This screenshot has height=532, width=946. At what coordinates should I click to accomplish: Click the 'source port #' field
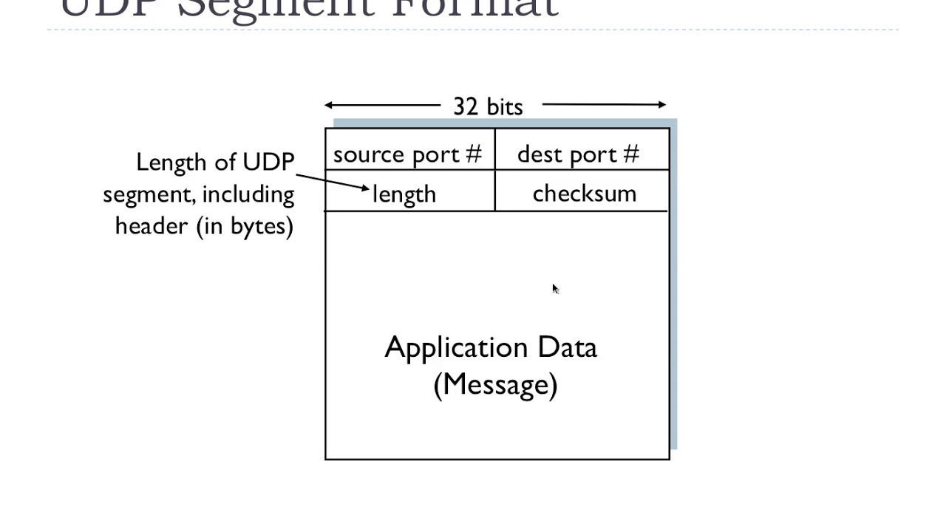[x=407, y=154]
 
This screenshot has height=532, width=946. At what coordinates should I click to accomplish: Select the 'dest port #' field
[x=578, y=154]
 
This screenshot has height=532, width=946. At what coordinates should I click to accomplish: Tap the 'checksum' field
[x=584, y=194]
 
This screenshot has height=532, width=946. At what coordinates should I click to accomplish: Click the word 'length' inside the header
[x=404, y=194]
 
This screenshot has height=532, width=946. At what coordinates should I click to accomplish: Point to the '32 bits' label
[x=488, y=106]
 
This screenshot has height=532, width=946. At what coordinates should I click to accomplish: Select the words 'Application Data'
[x=491, y=348]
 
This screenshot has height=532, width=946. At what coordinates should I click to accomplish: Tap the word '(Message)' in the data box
[x=495, y=385]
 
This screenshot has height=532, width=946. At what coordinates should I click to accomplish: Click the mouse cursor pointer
[x=555, y=288]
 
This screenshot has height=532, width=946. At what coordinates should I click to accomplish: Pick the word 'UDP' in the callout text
[x=268, y=162]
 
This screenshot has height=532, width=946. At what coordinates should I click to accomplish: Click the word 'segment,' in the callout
[x=149, y=194]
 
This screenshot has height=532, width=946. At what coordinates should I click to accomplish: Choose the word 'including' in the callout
[x=248, y=194]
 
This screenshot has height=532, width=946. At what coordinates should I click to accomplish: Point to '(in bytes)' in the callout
[x=245, y=226]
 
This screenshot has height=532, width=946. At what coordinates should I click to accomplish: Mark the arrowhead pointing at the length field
[x=365, y=188]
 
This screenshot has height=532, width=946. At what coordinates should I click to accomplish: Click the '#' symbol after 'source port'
[x=473, y=154]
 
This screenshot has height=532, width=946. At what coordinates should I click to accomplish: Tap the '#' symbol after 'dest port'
[x=630, y=154]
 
